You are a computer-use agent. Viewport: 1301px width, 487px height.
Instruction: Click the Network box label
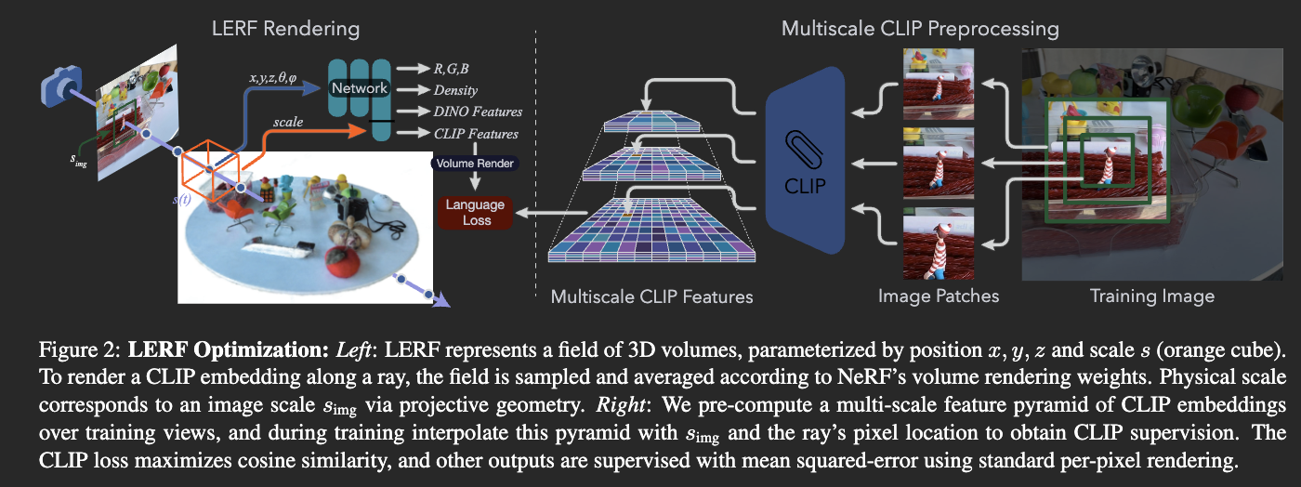(x=359, y=89)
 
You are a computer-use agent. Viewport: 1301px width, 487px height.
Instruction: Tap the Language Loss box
(x=475, y=213)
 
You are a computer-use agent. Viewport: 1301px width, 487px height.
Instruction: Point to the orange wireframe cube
(x=211, y=172)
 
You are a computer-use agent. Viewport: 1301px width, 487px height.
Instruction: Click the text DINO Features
(x=478, y=112)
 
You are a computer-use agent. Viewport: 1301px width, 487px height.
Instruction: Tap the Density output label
(x=455, y=89)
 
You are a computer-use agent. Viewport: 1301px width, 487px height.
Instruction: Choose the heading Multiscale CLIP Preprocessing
(x=920, y=29)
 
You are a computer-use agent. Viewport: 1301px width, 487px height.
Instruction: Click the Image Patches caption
(x=939, y=296)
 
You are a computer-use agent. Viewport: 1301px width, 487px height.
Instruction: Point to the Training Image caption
(x=1151, y=296)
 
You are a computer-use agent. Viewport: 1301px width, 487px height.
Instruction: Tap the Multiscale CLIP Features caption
(x=651, y=297)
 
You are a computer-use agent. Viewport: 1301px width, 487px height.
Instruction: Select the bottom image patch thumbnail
(x=939, y=243)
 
